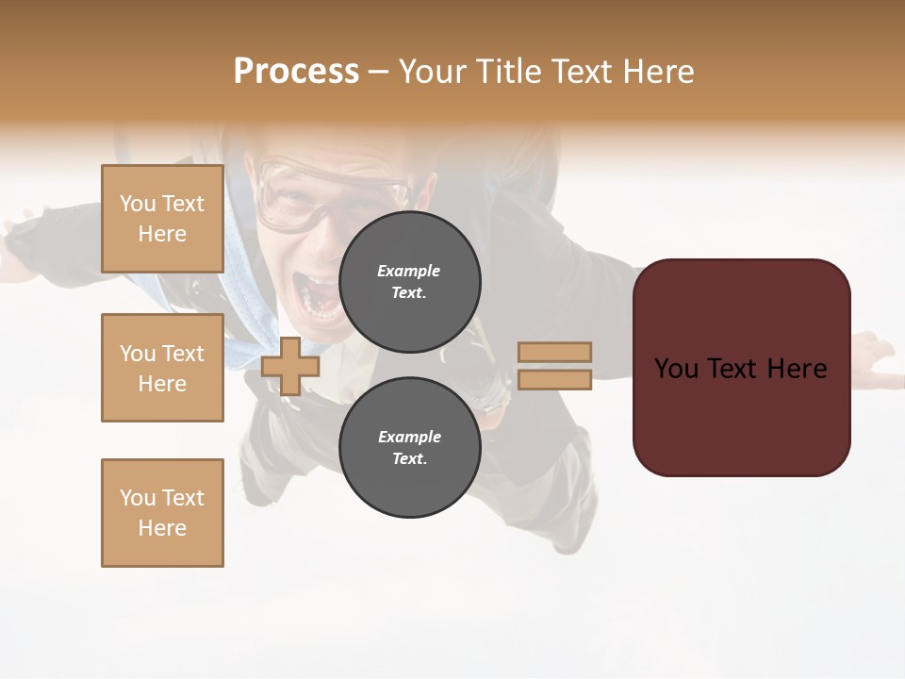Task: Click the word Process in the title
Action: click(x=296, y=72)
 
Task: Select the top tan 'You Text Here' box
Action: click(x=162, y=219)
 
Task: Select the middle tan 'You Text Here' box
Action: click(x=162, y=368)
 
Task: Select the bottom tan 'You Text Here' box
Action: click(x=162, y=513)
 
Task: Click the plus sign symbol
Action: click(x=290, y=366)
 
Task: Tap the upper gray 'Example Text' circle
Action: click(x=409, y=282)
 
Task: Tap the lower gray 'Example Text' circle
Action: click(x=409, y=448)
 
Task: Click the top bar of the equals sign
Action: click(x=554, y=352)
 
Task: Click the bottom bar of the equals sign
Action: click(x=554, y=380)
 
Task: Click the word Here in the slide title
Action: click(x=659, y=72)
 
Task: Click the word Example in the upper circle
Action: click(x=409, y=271)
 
